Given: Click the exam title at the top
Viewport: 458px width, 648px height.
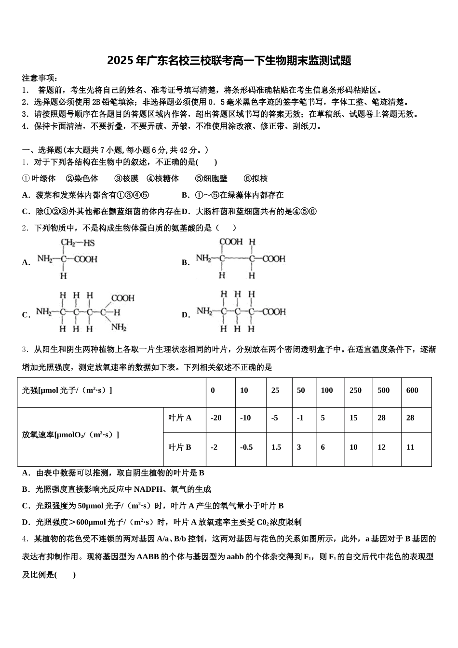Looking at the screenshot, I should point(229,61).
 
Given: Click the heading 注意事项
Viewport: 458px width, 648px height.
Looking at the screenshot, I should point(40,78).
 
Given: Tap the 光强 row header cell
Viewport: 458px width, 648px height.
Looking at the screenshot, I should point(67,391).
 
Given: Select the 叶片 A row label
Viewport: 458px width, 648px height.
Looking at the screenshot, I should point(180,418).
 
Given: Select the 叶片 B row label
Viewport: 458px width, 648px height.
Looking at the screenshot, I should point(180,447).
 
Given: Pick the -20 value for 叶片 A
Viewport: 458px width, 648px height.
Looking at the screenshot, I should point(216,418).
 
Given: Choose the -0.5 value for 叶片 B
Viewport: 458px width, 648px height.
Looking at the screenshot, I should point(246,447).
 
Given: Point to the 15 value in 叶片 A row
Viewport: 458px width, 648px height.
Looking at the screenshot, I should point(353,418).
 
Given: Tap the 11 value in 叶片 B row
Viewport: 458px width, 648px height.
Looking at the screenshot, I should point(410,447).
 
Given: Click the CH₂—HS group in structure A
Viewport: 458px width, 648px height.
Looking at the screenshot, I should point(77,243).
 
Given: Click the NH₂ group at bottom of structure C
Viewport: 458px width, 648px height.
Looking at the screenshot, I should point(119,328).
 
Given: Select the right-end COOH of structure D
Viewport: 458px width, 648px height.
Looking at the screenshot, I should point(274,312).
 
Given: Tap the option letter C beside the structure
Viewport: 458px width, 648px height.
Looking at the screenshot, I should point(26,315).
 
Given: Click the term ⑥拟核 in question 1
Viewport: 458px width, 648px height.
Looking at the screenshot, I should point(256,179).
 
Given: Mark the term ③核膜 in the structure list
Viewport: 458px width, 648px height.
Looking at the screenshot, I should point(126,179).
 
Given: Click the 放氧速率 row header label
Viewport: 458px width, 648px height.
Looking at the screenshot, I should point(70,435).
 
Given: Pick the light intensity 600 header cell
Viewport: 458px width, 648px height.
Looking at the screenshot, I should point(412,391).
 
